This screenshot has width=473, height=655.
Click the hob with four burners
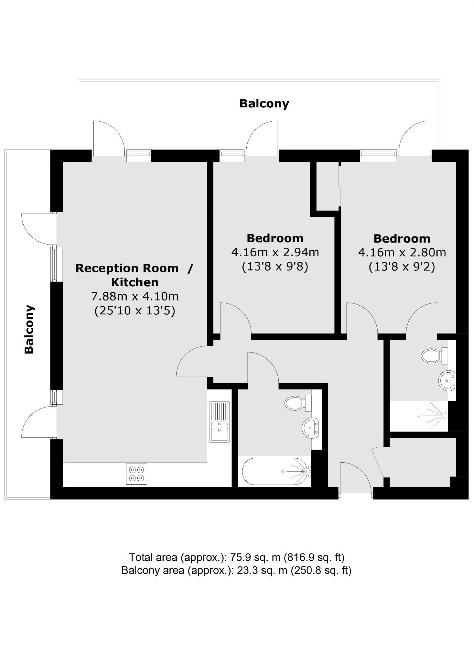click(136, 474)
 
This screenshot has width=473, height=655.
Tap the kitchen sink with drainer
click(219, 422)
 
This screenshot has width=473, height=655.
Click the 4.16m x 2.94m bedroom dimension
click(275, 252)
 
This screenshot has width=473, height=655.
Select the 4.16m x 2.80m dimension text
click(402, 252)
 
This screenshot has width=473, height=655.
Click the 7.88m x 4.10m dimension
click(135, 296)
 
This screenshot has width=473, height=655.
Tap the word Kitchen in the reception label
click(135, 282)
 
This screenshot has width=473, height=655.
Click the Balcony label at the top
click(264, 104)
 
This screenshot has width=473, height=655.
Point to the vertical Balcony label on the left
click(29, 329)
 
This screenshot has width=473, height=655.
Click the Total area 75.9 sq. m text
click(236, 557)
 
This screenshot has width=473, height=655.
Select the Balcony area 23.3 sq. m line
click(236, 570)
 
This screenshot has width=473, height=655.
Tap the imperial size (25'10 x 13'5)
click(135, 311)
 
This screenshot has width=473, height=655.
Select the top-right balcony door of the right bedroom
click(415, 137)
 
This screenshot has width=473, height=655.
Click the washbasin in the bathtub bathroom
click(310, 428)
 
